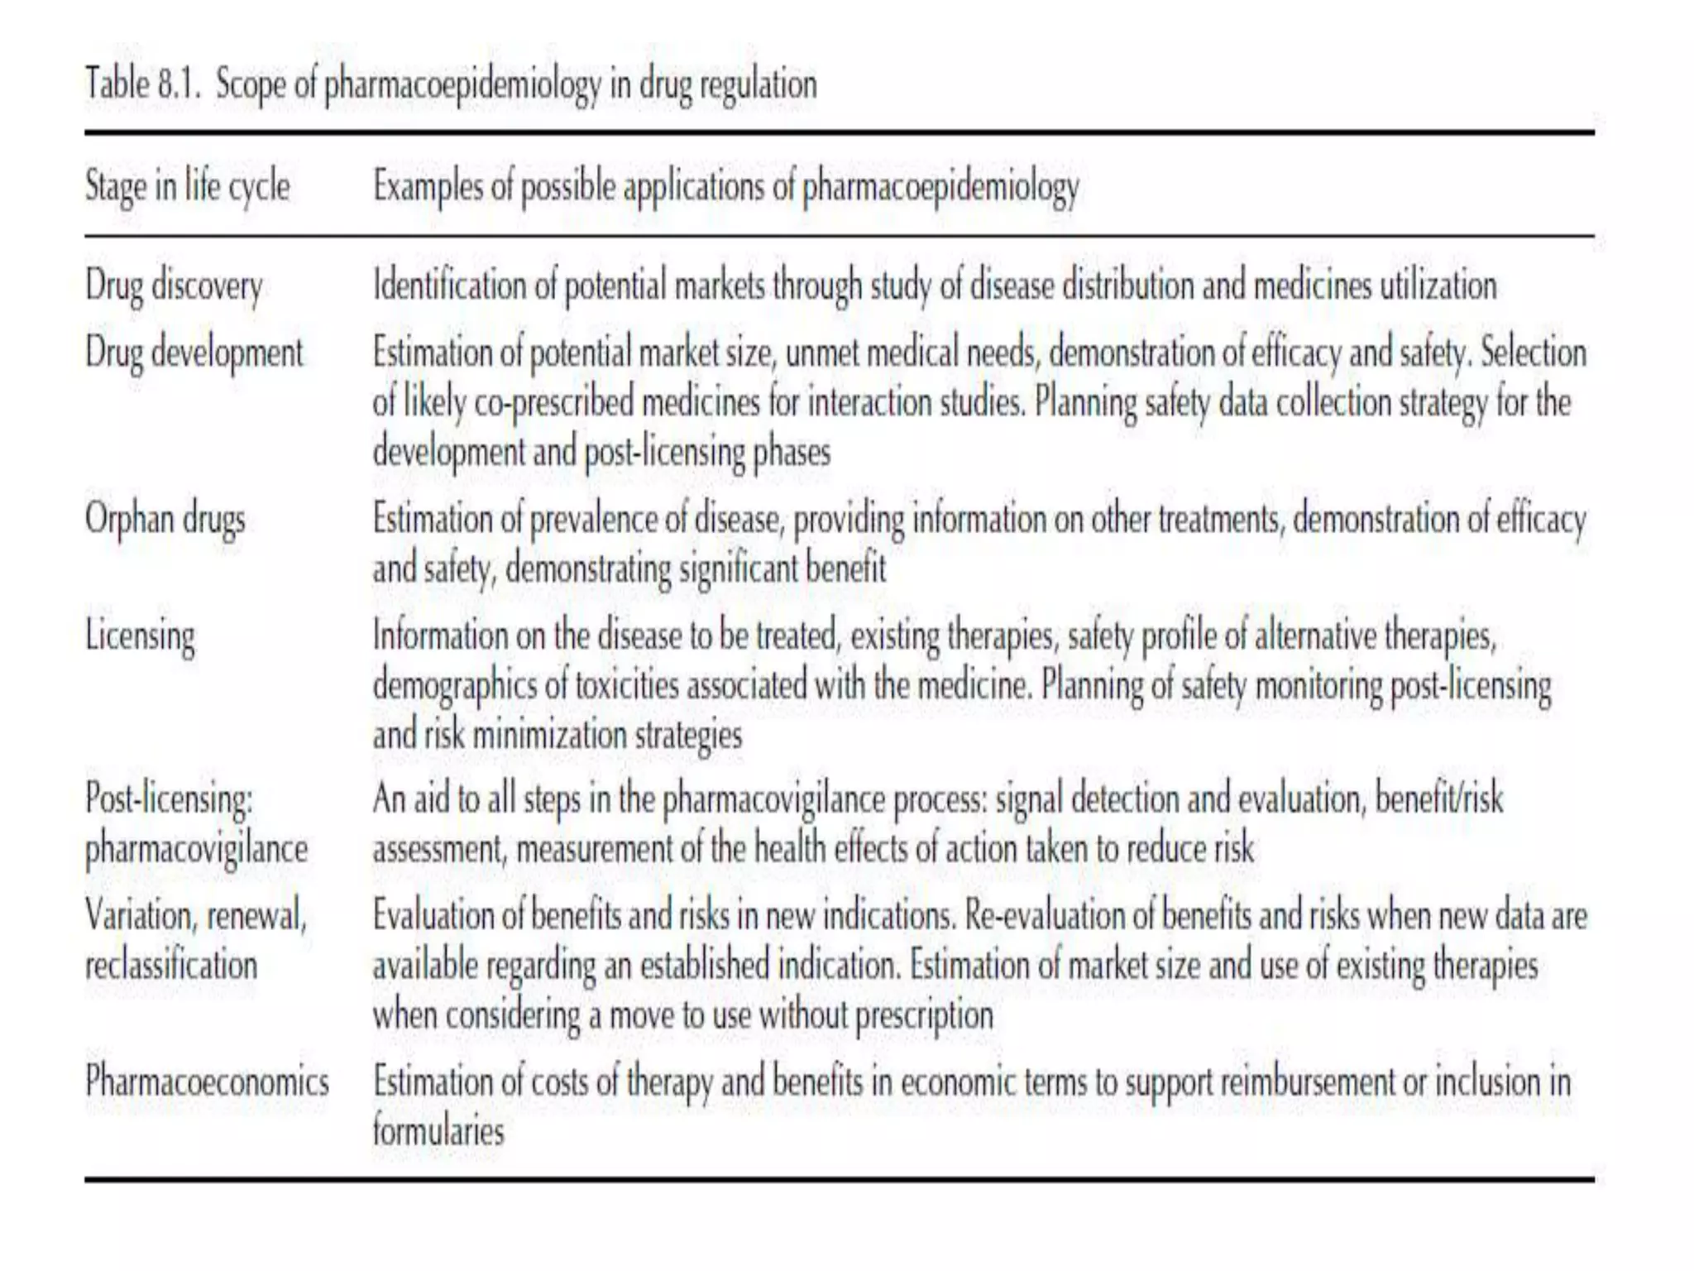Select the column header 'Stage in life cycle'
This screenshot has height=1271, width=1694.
click(x=187, y=185)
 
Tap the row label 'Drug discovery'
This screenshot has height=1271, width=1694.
click(x=174, y=286)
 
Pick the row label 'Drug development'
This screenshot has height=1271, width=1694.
click(x=194, y=353)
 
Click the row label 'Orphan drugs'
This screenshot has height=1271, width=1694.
click(x=165, y=520)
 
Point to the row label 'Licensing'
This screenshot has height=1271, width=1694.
click(x=140, y=636)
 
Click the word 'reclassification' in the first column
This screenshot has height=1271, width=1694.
click(x=171, y=966)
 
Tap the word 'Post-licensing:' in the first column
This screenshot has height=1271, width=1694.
click(x=170, y=799)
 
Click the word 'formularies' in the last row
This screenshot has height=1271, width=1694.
click(x=438, y=1131)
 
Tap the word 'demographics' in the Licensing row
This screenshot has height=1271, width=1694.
click(x=454, y=686)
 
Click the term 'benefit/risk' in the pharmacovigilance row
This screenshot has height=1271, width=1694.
click(x=1438, y=799)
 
